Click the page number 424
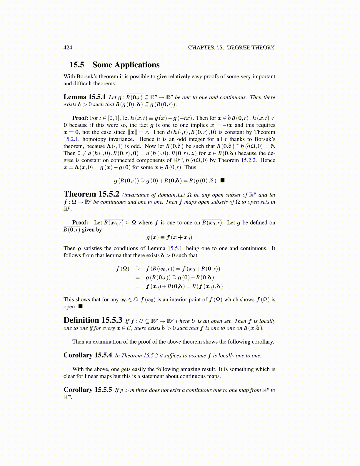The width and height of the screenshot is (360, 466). pos(68,48)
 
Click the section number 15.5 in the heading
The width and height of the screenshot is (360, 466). pos(76,65)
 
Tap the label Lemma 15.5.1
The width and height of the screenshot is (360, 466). pos(84,97)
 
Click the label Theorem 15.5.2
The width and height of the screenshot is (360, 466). pos(91,194)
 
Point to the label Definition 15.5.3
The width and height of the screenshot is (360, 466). pos(93,320)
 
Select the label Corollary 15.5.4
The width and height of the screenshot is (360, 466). pos(88,355)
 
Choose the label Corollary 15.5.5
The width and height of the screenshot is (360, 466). pos(88,390)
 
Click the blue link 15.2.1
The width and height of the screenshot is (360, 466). pos(70,139)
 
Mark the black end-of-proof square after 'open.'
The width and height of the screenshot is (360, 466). pos(81,307)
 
